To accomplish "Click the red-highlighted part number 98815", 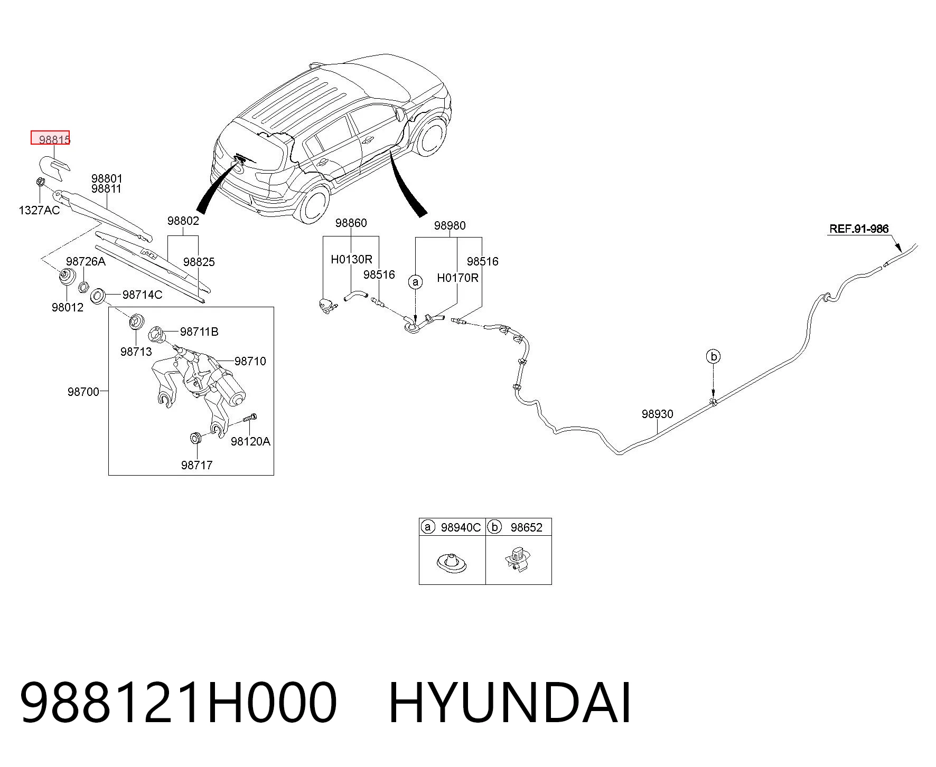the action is (54, 140).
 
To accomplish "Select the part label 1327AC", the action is (40, 210).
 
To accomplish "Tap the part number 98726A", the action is (86, 261).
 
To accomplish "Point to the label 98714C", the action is (143, 295).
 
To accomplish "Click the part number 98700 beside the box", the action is (83, 392).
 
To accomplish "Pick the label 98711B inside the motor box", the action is (199, 332).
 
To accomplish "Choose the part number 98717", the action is (196, 465).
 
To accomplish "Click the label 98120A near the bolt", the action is (250, 441).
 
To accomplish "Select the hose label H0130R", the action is (351, 259).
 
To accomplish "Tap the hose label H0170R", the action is (457, 278).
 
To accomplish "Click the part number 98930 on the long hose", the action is (658, 414).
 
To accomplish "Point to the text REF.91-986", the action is (859, 229).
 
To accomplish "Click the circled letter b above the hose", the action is (714, 357).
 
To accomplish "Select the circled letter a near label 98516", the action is (416, 282).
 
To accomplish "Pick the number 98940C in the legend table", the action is (461, 527).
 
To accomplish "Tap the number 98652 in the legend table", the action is (527, 527).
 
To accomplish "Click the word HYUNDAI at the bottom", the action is (510, 704).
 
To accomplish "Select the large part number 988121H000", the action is (179, 704).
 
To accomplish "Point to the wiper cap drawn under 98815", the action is (54, 166).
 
